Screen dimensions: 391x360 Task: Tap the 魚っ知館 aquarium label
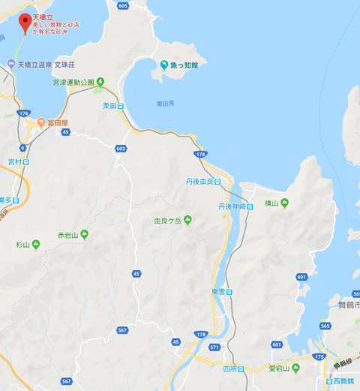click(x=184, y=65)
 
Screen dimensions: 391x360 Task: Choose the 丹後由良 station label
click(x=199, y=182)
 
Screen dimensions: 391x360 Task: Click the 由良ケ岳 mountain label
click(x=166, y=221)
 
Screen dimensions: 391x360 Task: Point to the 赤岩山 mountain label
click(x=67, y=235)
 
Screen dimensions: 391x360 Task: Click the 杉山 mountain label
click(x=22, y=245)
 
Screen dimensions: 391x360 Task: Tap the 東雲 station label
click(x=218, y=292)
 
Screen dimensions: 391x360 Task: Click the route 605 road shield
click(x=123, y=5)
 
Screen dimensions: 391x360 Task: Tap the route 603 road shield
click(x=121, y=149)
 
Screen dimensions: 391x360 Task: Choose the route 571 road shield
click(x=215, y=347)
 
